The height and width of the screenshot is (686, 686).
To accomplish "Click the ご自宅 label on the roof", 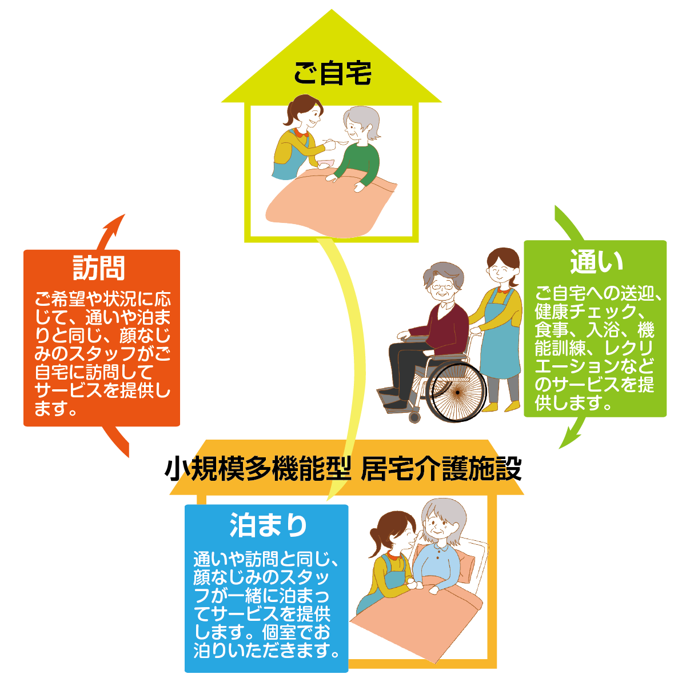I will tap(333, 74).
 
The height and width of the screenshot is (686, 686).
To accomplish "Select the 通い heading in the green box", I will tap(596, 262).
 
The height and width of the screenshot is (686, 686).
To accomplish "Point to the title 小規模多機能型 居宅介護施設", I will tap(343, 469).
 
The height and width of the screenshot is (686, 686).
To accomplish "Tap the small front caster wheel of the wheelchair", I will tap(414, 417).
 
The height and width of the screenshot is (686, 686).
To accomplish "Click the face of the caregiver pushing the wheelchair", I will tap(502, 268).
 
